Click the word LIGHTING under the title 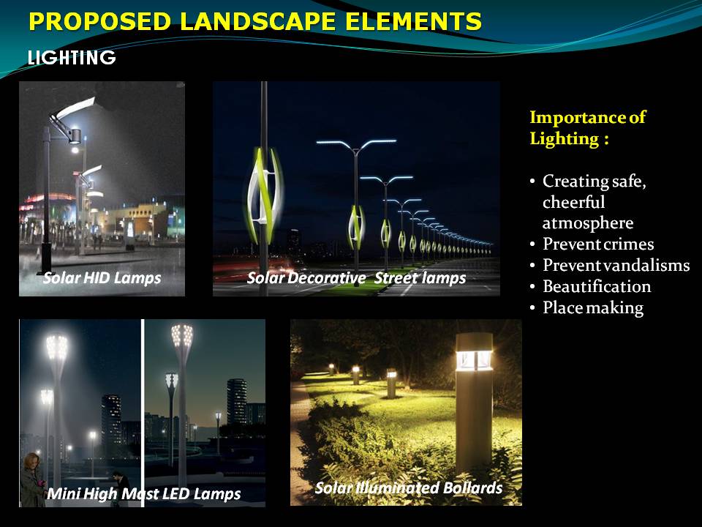72,57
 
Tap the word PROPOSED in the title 100,21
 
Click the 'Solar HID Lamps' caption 102,278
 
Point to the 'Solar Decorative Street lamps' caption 356,278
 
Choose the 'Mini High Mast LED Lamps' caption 144,494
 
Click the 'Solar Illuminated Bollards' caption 409,487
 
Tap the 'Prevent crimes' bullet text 598,244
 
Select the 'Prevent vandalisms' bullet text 616,265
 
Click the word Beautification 597,286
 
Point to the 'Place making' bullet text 593,308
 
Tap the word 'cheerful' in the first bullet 573,203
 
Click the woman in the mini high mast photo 32,480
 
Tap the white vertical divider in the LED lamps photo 143,413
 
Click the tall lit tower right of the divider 237,402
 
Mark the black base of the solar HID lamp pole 46,258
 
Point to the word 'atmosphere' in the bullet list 588,223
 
